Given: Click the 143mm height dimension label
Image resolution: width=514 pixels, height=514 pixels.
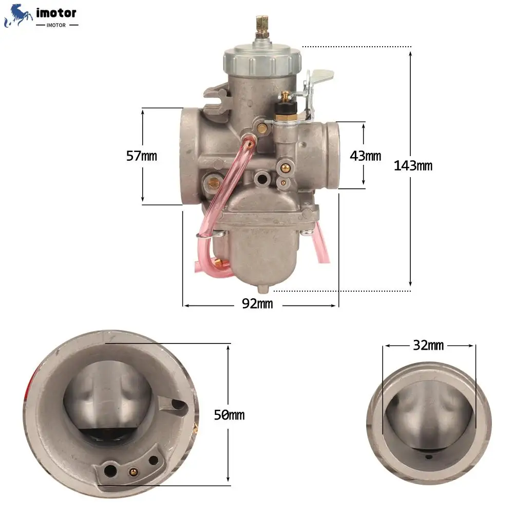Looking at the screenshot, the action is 413,166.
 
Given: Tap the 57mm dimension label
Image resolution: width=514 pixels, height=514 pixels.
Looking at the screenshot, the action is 142,156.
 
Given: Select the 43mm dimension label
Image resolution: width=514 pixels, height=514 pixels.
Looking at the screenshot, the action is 366,156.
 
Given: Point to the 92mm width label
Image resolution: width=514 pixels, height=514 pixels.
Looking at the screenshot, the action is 257,303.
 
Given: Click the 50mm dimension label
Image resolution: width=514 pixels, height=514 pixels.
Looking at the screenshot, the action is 229,415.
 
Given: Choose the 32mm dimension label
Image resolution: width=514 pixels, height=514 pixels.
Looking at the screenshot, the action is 428,345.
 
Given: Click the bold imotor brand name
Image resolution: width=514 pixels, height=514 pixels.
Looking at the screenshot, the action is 56,13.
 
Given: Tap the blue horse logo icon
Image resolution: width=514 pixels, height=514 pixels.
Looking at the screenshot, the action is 17,15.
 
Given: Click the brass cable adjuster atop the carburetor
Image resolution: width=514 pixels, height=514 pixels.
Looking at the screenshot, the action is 262,27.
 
